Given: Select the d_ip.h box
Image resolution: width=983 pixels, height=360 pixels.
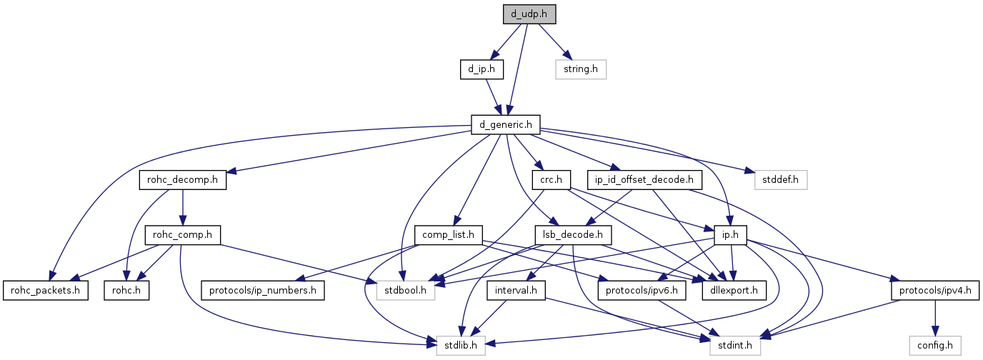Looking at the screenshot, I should (x=481, y=69).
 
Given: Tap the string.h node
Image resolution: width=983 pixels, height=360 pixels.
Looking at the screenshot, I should (x=581, y=69).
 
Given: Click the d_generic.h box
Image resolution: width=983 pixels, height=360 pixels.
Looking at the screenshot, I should (x=505, y=125).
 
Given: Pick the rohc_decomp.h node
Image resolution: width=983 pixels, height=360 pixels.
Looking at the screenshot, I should (x=182, y=181).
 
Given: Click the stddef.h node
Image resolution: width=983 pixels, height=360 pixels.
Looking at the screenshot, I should (x=781, y=181).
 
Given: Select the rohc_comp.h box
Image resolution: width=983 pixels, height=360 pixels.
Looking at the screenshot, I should (x=182, y=235).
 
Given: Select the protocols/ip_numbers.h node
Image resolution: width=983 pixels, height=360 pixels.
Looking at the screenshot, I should (x=263, y=291).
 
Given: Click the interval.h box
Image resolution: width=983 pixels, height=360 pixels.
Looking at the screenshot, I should (x=516, y=291).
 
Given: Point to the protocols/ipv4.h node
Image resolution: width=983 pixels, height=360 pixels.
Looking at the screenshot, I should (x=934, y=291).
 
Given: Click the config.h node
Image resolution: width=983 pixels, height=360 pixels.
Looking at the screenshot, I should (x=934, y=346).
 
